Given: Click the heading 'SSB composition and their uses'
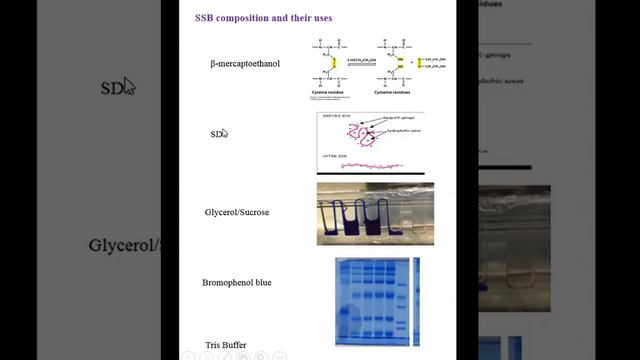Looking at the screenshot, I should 264,18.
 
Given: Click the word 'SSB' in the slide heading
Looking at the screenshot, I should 204,18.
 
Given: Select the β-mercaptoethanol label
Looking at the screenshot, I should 245,64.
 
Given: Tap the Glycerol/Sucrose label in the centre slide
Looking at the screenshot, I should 237,212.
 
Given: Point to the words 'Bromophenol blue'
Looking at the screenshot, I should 236,282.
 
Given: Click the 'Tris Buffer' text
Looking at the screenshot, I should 226,345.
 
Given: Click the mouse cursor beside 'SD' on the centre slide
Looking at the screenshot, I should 224,132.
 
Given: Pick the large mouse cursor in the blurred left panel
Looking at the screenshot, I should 130,86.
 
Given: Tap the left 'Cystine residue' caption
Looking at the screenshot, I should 332,89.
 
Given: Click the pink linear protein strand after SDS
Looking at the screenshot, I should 370,165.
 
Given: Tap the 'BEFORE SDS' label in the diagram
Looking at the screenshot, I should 331,116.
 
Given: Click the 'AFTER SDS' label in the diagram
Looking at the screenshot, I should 334,157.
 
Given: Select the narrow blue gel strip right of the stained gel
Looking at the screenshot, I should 416,301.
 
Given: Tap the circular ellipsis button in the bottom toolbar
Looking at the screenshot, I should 279,355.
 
